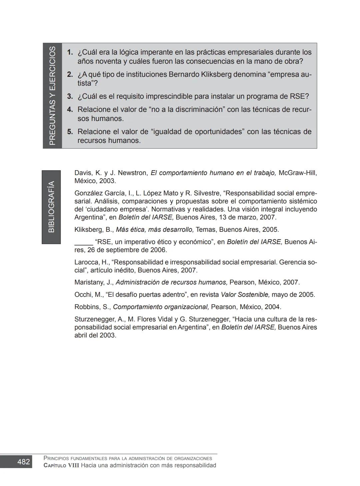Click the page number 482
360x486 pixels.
tap(23, 462)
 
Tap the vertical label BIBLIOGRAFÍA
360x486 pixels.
tap(51, 207)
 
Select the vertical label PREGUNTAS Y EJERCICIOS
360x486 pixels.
tap(52, 96)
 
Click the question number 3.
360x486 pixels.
tap(70, 97)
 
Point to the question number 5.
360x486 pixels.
tap(70, 132)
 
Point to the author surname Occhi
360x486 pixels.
tap(83, 294)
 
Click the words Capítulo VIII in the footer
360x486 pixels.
tap(61, 465)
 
